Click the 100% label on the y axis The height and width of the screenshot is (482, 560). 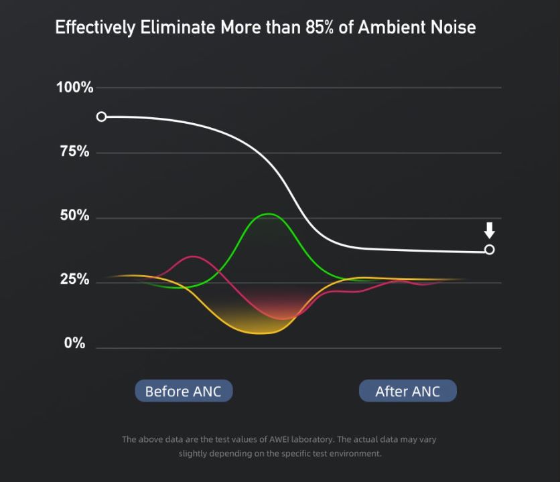click(x=75, y=88)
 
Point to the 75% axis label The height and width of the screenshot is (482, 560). click(x=75, y=152)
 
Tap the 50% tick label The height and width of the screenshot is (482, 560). click(x=75, y=216)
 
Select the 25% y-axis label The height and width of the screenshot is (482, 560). click(x=75, y=280)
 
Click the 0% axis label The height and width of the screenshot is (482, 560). click(x=75, y=344)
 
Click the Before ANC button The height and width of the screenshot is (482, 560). click(x=183, y=391)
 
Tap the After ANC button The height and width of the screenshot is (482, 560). click(x=407, y=391)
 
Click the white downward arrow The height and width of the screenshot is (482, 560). click(x=490, y=230)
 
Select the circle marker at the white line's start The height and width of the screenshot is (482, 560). click(x=101, y=116)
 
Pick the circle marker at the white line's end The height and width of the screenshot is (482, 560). click(x=490, y=250)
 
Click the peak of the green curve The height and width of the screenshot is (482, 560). click(x=268, y=214)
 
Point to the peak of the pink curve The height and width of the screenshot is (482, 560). click(x=193, y=256)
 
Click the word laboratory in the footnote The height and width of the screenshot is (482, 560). click(x=309, y=440)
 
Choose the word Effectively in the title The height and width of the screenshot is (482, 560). click(x=94, y=28)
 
